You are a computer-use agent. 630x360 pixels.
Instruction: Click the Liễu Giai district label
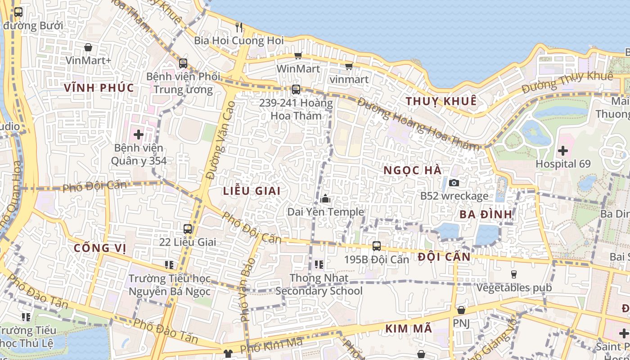pyautogui.click(x=252, y=191)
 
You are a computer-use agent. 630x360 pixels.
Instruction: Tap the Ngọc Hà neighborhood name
pyautogui.click(x=413, y=171)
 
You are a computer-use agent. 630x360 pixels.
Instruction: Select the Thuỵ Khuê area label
pyautogui.click(x=441, y=101)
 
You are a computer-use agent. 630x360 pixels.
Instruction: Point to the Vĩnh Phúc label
pyautogui.click(x=99, y=88)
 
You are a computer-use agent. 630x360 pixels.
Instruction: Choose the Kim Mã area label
pyautogui.click(x=409, y=329)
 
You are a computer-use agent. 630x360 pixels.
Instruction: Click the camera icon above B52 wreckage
pyautogui.click(x=454, y=183)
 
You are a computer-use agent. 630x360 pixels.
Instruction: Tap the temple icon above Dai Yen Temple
pyautogui.click(x=325, y=198)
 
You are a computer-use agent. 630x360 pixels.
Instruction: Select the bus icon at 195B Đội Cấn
pyautogui.click(x=377, y=246)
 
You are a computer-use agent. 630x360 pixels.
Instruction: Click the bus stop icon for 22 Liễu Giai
pyautogui.click(x=188, y=229)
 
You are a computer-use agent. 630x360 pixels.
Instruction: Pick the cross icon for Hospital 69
pyautogui.click(x=562, y=151)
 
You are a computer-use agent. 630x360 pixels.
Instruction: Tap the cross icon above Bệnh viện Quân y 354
pyautogui.click(x=138, y=134)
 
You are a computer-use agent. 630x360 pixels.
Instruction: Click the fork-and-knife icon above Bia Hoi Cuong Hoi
pyautogui.click(x=239, y=27)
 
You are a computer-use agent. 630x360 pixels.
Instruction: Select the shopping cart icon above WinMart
pyautogui.click(x=298, y=55)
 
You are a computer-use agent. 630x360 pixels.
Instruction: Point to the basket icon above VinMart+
pyautogui.click(x=88, y=47)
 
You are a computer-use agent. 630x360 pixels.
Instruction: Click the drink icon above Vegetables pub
pyautogui.click(x=513, y=274)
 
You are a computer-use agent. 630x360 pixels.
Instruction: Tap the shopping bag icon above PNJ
pyautogui.click(x=461, y=310)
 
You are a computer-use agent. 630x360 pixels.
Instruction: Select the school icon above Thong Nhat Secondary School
pyautogui.click(x=319, y=265)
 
